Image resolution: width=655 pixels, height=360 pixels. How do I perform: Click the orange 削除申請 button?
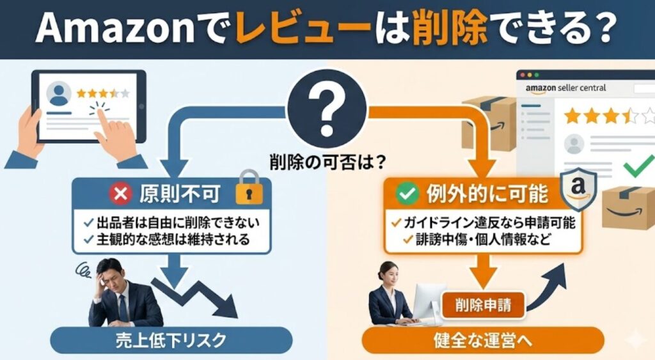click(484, 302)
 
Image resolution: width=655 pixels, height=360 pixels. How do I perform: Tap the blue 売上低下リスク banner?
click(171, 340)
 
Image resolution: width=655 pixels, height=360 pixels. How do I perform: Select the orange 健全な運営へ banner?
click(483, 340)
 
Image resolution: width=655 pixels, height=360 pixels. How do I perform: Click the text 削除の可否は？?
click(327, 162)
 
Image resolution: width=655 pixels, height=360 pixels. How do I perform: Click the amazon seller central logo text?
click(565, 88)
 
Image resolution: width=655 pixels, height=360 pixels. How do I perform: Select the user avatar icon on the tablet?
click(59, 93)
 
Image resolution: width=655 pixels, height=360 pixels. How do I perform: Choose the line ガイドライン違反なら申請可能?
click(483, 223)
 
